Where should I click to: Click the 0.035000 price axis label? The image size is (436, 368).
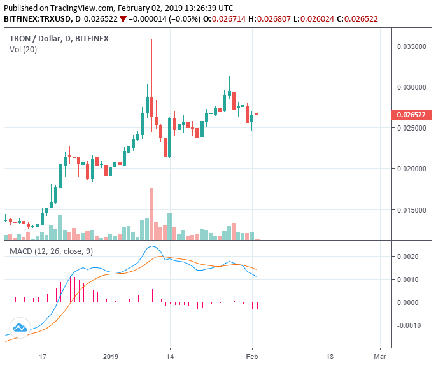tap(411, 46)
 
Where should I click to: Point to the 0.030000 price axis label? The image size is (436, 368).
tap(411, 87)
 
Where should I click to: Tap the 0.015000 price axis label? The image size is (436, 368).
tap(411, 210)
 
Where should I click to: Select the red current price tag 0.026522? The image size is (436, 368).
tap(411, 115)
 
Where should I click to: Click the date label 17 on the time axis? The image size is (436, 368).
tap(43, 357)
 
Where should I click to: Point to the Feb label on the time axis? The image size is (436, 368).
tap(252, 357)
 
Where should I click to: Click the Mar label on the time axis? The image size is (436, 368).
tap(381, 357)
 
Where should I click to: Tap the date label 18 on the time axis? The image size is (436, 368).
tap(329, 357)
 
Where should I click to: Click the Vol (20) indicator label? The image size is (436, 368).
tap(22, 50)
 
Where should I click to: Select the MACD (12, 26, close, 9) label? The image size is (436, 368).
tap(52, 251)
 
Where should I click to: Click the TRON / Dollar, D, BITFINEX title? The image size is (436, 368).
tap(59, 38)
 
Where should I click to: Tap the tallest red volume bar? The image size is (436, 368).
tap(151, 213)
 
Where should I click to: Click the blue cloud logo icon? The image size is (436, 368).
tap(20, 329)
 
